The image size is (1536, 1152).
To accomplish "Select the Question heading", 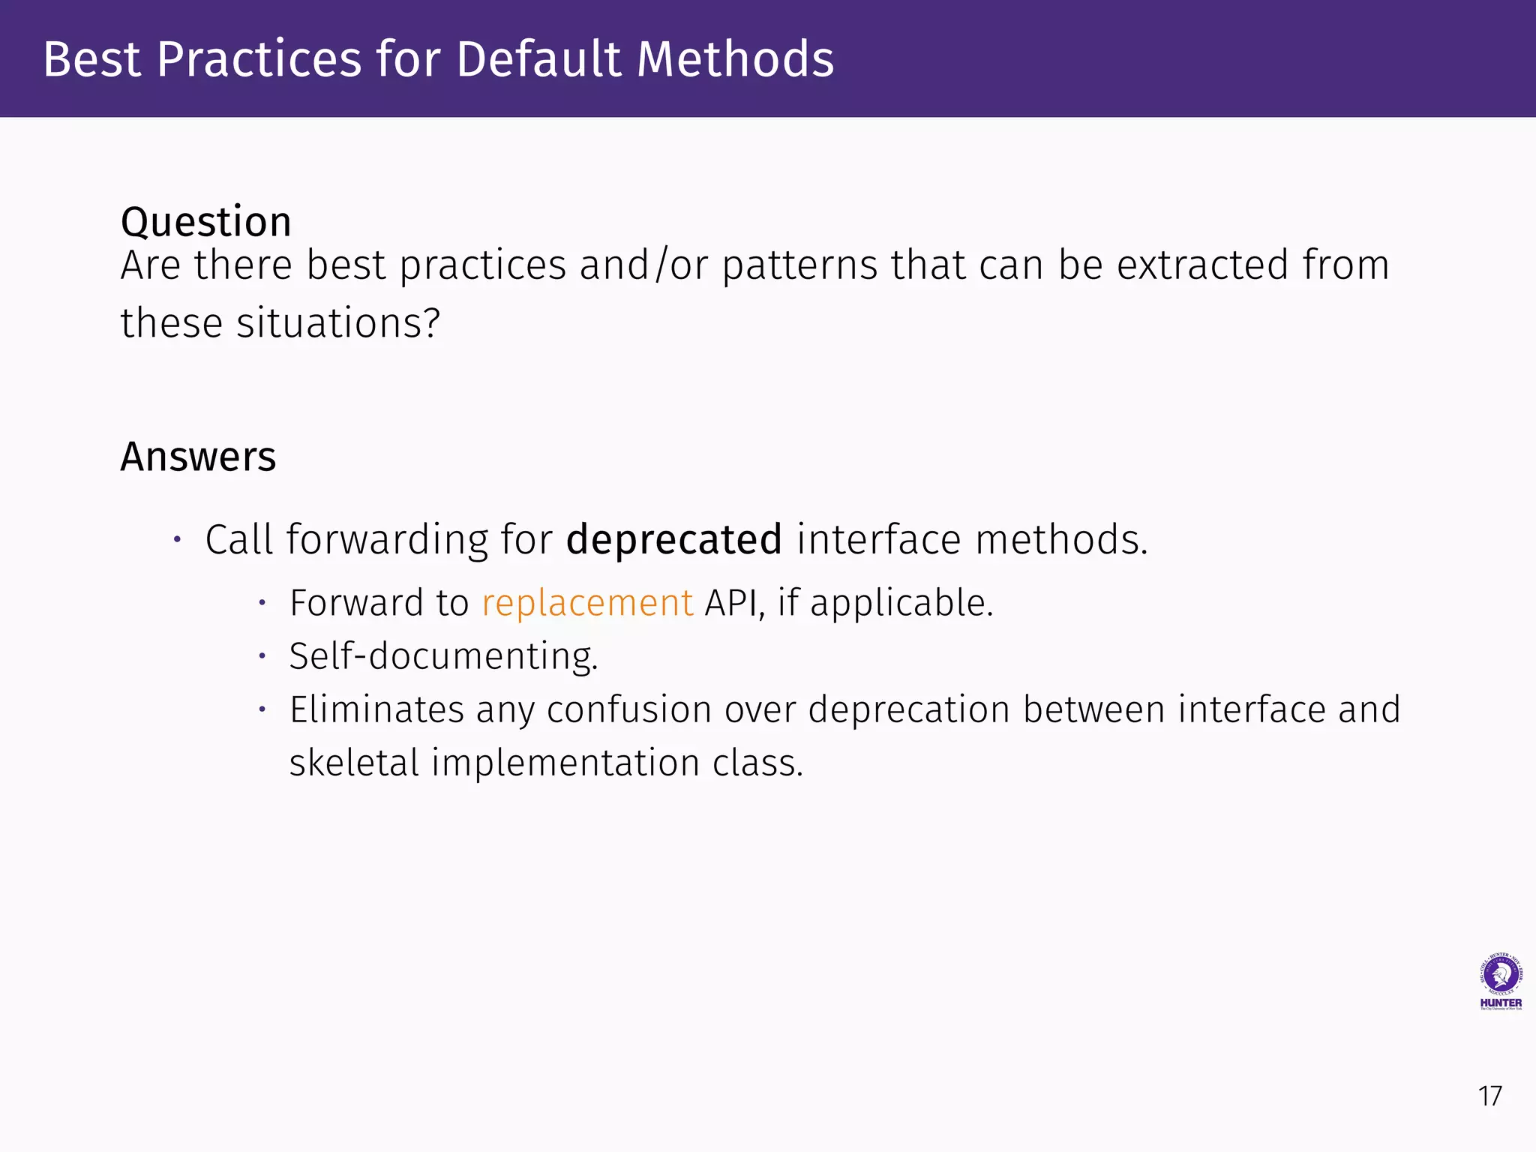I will [205, 222].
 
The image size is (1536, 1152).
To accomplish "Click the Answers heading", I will [198, 457].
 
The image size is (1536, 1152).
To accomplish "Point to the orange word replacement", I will [587, 603].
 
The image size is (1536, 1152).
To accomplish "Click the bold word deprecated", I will [673, 540].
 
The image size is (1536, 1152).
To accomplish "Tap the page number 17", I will [1489, 1096].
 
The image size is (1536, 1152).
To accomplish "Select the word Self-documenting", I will [443, 656].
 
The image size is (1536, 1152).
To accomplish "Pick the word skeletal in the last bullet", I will [354, 763].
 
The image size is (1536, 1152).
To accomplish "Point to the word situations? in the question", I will [337, 323].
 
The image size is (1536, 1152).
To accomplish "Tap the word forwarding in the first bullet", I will [387, 540].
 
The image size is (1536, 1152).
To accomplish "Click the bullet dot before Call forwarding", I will [177, 539].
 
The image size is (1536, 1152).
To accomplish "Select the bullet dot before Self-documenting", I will [262, 656].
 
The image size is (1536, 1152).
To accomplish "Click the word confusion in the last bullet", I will [628, 709].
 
